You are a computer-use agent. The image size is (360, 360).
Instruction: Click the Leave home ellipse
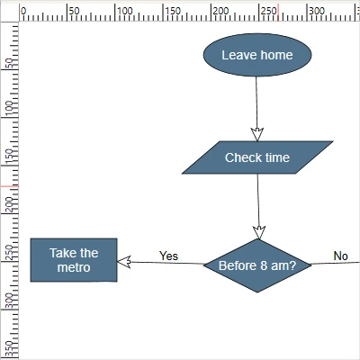pyautogui.click(x=256, y=56)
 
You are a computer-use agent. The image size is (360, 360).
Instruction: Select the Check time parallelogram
pyautogui.click(x=257, y=157)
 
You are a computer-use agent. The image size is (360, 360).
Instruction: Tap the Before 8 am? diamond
pyautogui.click(x=257, y=265)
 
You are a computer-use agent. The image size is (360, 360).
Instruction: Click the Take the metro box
pyautogui.click(x=74, y=260)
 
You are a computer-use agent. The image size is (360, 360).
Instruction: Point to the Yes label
pyautogui.click(x=168, y=256)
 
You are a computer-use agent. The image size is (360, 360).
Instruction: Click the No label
pyautogui.click(x=340, y=256)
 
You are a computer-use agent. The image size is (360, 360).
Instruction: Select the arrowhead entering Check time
pyautogui.click(x=256, y=135)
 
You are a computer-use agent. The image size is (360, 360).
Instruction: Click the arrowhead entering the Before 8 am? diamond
pyautogui.click(x=259, y=232)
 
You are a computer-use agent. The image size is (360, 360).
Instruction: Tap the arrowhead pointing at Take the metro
pyautogui.click(x=125, y=262)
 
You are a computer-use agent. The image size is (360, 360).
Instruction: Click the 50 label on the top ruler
pyautogui.click(x=75, y=11)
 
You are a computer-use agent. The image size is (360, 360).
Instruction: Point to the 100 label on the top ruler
pyautogui.click(x=125, y=11)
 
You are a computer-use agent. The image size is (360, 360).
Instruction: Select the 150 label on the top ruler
pyautogui.click(x=173, y=11)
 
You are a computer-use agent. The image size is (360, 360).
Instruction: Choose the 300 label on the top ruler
pyautogui.click(x=318, y=11)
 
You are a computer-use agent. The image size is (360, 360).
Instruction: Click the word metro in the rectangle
pyautogui.click(x=74, y=268)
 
